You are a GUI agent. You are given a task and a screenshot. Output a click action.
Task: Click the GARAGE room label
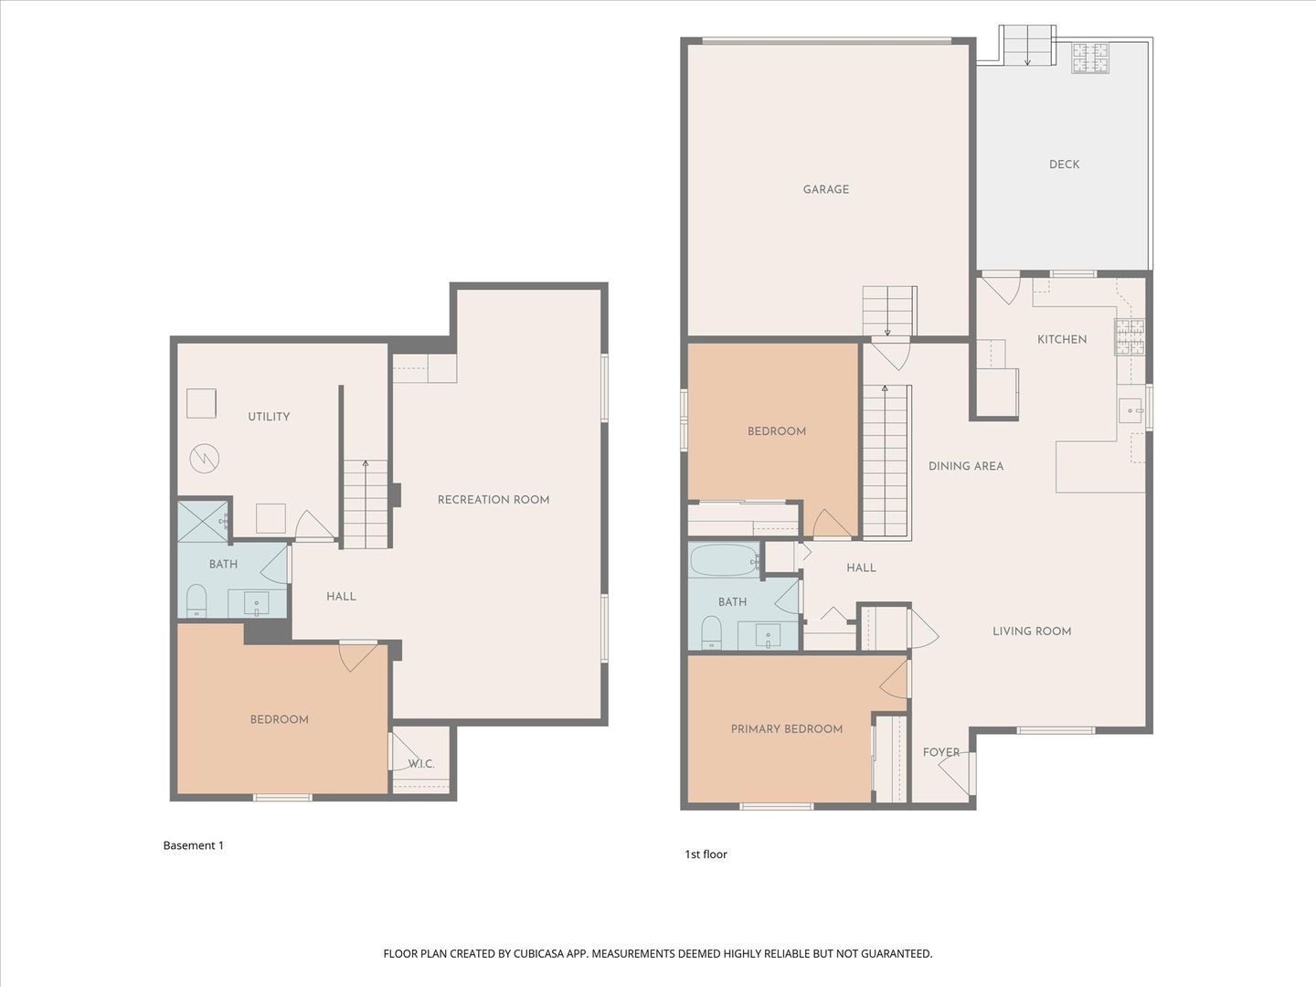[825, 189]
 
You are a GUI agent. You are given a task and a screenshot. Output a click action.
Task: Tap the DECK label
[1064, 164]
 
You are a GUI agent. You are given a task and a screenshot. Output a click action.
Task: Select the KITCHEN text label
[1062, 339]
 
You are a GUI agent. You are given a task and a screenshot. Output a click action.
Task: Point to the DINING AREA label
[965, 466]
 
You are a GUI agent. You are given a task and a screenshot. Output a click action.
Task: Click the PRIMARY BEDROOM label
[787, 729]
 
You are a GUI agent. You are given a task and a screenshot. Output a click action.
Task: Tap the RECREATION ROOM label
[493, 500]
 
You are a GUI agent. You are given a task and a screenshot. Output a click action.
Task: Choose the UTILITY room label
[269, 417]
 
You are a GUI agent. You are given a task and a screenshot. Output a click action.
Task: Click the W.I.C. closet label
[421, 764]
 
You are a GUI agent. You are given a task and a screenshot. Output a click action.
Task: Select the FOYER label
[940, 752]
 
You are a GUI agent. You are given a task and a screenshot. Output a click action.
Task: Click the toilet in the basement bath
[196, 600]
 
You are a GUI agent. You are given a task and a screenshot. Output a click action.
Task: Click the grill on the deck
[1090, 58]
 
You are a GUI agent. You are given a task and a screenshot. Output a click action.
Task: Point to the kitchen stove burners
[1130, 337]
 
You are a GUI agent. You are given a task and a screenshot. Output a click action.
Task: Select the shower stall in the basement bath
[203, 520]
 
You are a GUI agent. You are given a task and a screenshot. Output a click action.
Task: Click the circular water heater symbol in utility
[205, 460]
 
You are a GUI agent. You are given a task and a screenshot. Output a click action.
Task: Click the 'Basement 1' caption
[193, 845]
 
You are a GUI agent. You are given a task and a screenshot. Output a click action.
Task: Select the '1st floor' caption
[706, 854]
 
